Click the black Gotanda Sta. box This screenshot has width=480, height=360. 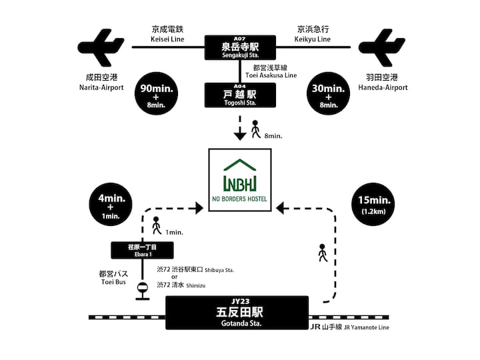tap(237, 313)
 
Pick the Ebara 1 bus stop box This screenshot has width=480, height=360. tap(142, 251)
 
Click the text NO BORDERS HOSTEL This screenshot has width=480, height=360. tap(240, 199)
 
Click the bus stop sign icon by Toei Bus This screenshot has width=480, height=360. tap(142, 289)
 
